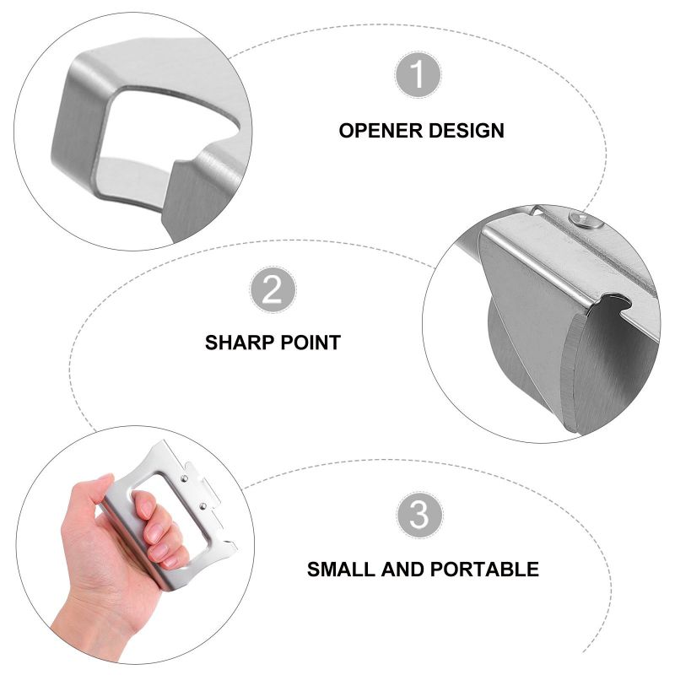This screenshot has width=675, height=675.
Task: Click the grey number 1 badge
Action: click(x=418, y=77)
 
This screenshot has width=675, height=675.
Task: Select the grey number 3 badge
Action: click(x=419, y=515)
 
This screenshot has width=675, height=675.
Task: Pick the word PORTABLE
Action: click(x=485, y=569)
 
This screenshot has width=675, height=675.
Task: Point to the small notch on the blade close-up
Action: click(x=613, y=301)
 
